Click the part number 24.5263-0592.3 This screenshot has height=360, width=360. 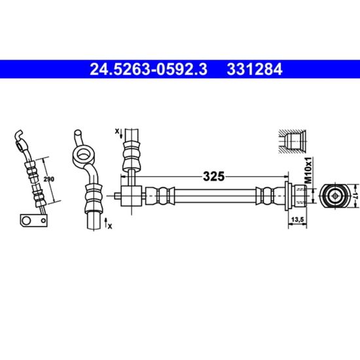click(149, 69)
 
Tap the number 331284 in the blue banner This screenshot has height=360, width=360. click(255, 69)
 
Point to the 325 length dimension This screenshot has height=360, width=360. click(213, 177)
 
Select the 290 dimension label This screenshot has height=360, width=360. click(49, 179)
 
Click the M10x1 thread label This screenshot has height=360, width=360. click(309, 170)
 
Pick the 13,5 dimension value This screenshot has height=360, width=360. click(297, 220)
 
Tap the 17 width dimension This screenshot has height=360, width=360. click(355, 196)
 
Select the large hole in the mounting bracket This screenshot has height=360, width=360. click(26, 221)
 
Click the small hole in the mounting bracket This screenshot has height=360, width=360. click(43, 221)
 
